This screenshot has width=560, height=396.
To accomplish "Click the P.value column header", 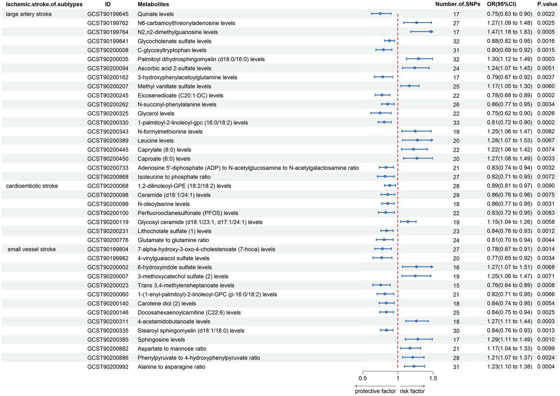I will (547, 4).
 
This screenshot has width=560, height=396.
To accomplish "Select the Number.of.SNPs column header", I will (457, 4).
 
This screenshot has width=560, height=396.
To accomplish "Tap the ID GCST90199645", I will (108, 14).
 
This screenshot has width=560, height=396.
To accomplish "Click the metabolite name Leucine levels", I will (155, 141).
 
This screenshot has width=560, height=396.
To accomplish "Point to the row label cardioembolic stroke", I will (32, 186).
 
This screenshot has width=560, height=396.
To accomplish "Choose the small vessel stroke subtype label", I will (31, 249).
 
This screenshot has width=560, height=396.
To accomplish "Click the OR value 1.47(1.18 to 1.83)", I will (510, 32).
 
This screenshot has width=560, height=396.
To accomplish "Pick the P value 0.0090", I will (546, 186).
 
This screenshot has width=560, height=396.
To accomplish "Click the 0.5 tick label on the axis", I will (363, 378).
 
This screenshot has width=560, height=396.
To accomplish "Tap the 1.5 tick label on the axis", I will (433, 378).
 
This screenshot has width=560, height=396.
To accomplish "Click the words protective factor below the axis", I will (375, 391).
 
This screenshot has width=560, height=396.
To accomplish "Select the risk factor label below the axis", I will (412, 391).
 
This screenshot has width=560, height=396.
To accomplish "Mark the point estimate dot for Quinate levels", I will (380, 14).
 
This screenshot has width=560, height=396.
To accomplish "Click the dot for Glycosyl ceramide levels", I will (408, 222).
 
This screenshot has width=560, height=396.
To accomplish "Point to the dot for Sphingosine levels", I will (418, 339).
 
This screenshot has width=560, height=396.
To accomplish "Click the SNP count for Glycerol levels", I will (456, 114).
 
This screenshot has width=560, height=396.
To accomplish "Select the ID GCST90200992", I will (108, 367).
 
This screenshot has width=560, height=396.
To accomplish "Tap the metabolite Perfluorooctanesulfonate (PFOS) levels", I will (188, 213).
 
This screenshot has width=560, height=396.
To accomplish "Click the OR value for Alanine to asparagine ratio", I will (510, 367).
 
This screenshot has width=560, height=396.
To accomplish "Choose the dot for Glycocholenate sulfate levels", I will (389, 41).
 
